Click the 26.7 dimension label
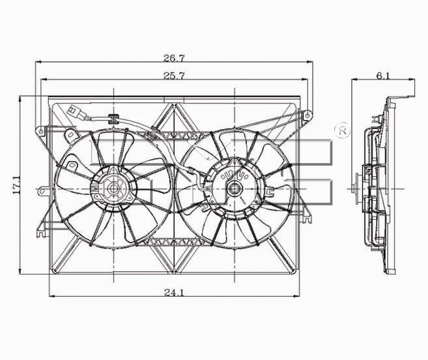(174, 58)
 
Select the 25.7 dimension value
(174, 76)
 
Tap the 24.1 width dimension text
(174, 292)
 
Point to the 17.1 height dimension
(16, 185)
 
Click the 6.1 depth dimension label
(383, 76)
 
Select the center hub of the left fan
(113, 188)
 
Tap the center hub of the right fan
(235, 188)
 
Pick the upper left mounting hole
(41, 132)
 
